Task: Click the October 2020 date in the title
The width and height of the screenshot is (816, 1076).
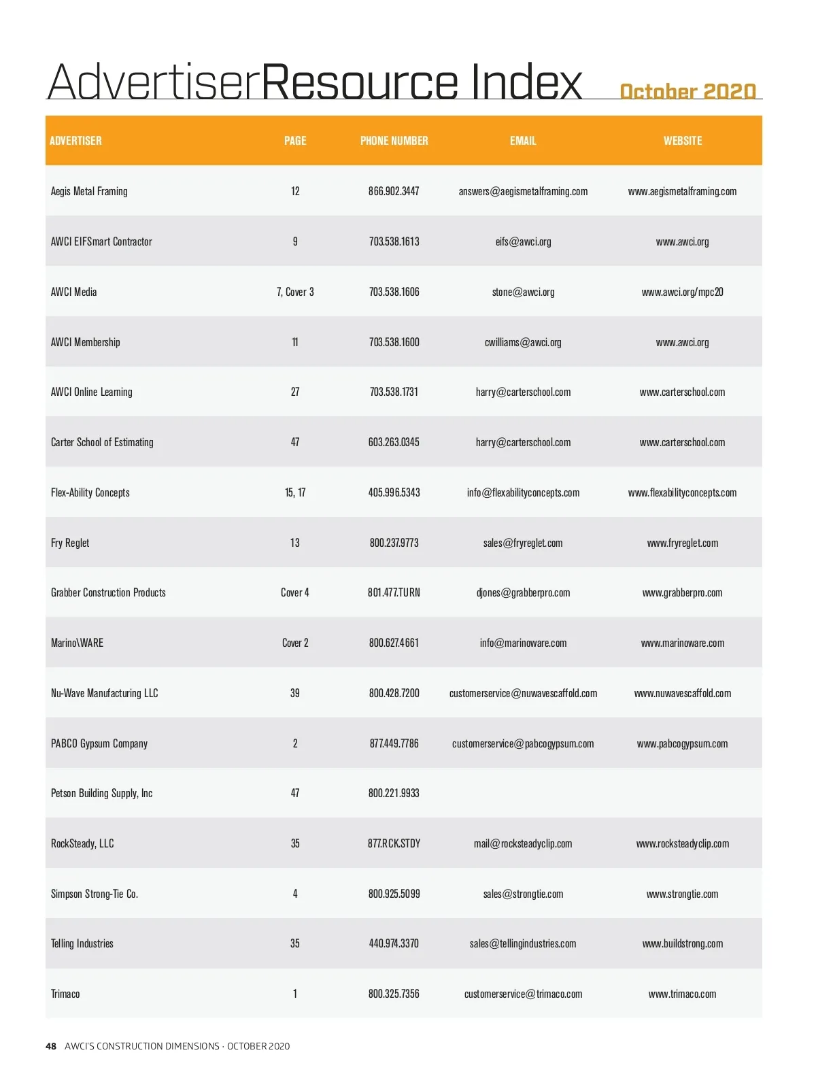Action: [687, 91]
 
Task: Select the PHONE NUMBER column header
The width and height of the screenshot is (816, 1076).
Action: [394, 141]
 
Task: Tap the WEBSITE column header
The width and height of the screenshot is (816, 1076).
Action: [682, 141]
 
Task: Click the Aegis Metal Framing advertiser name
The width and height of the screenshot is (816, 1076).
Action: [89, 191]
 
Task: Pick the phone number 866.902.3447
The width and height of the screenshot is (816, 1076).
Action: [394, 191]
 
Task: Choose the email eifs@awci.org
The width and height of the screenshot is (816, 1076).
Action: [523, 241]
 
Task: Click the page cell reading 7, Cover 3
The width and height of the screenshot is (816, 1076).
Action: [295, 292]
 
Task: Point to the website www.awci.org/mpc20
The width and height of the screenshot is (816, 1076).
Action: [682, 292]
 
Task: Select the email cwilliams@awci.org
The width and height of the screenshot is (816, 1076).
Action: [523, 342]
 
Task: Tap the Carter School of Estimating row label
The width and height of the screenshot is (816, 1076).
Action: [102, 442]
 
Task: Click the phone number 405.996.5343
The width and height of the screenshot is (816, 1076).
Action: [394, 492]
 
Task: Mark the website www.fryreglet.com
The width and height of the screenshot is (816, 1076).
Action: [682, 543]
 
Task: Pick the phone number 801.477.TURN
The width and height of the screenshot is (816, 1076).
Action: [394, 592]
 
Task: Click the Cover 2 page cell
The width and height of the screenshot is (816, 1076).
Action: [295, 643]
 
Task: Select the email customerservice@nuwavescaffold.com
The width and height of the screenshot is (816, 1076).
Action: [523, 693]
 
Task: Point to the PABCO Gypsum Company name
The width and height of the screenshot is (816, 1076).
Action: [99, 743]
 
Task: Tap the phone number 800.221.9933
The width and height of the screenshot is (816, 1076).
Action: [394, 793]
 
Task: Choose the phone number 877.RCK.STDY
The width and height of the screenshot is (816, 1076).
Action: [394, 843]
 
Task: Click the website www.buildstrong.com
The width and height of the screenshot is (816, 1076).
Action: [682, 943]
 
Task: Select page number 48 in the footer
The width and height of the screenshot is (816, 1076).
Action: [51, 1046]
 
